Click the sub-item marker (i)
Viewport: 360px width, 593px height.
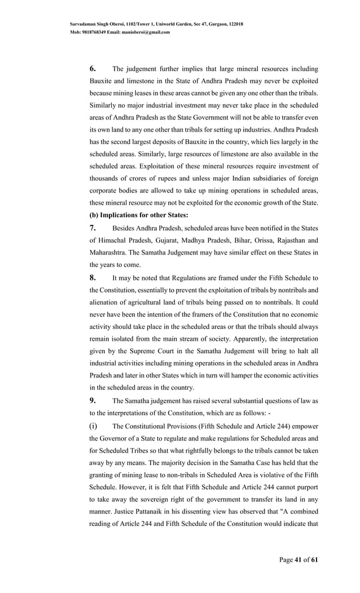[94, 425]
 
